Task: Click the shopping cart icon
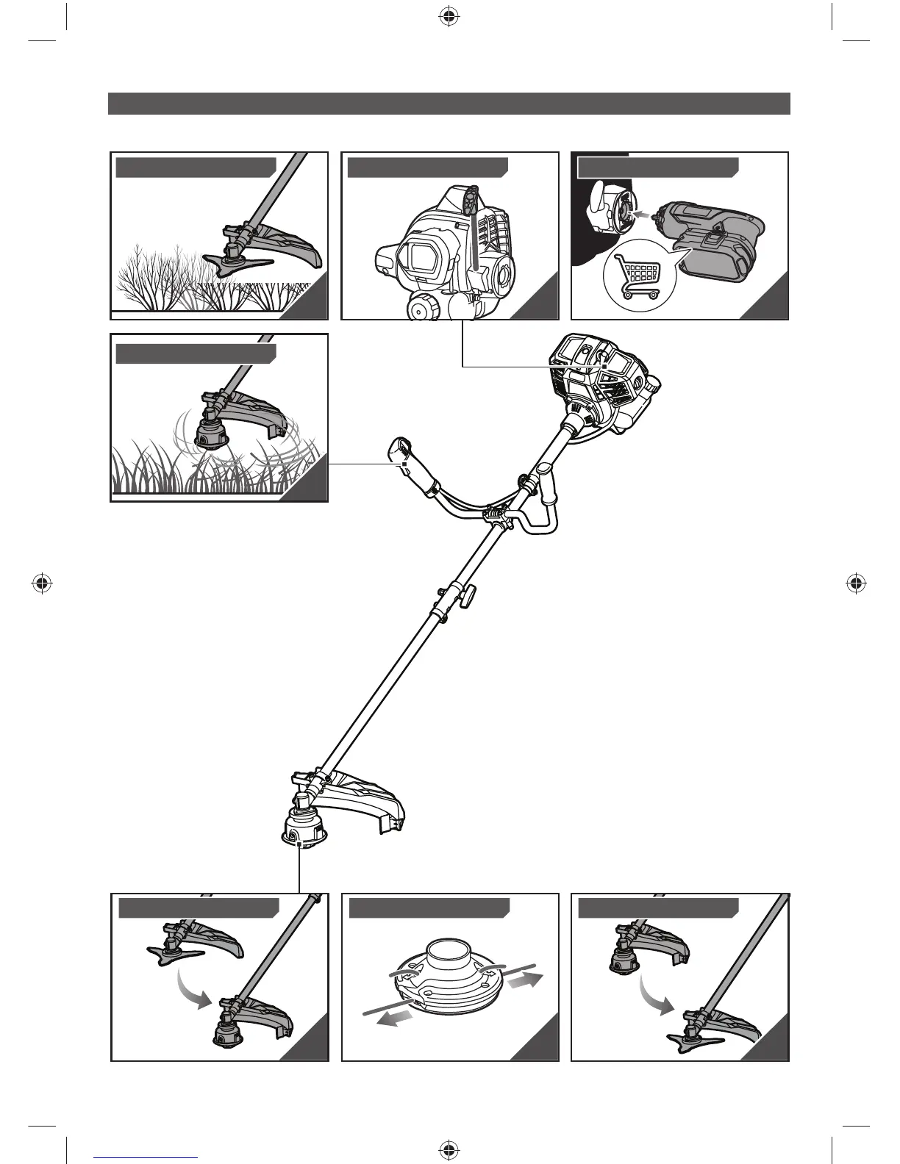point(637,278)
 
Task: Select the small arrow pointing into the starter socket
point(643,214)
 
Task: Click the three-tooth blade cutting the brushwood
point(228,264)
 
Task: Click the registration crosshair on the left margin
point(43,583)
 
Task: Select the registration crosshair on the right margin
point(854,583)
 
